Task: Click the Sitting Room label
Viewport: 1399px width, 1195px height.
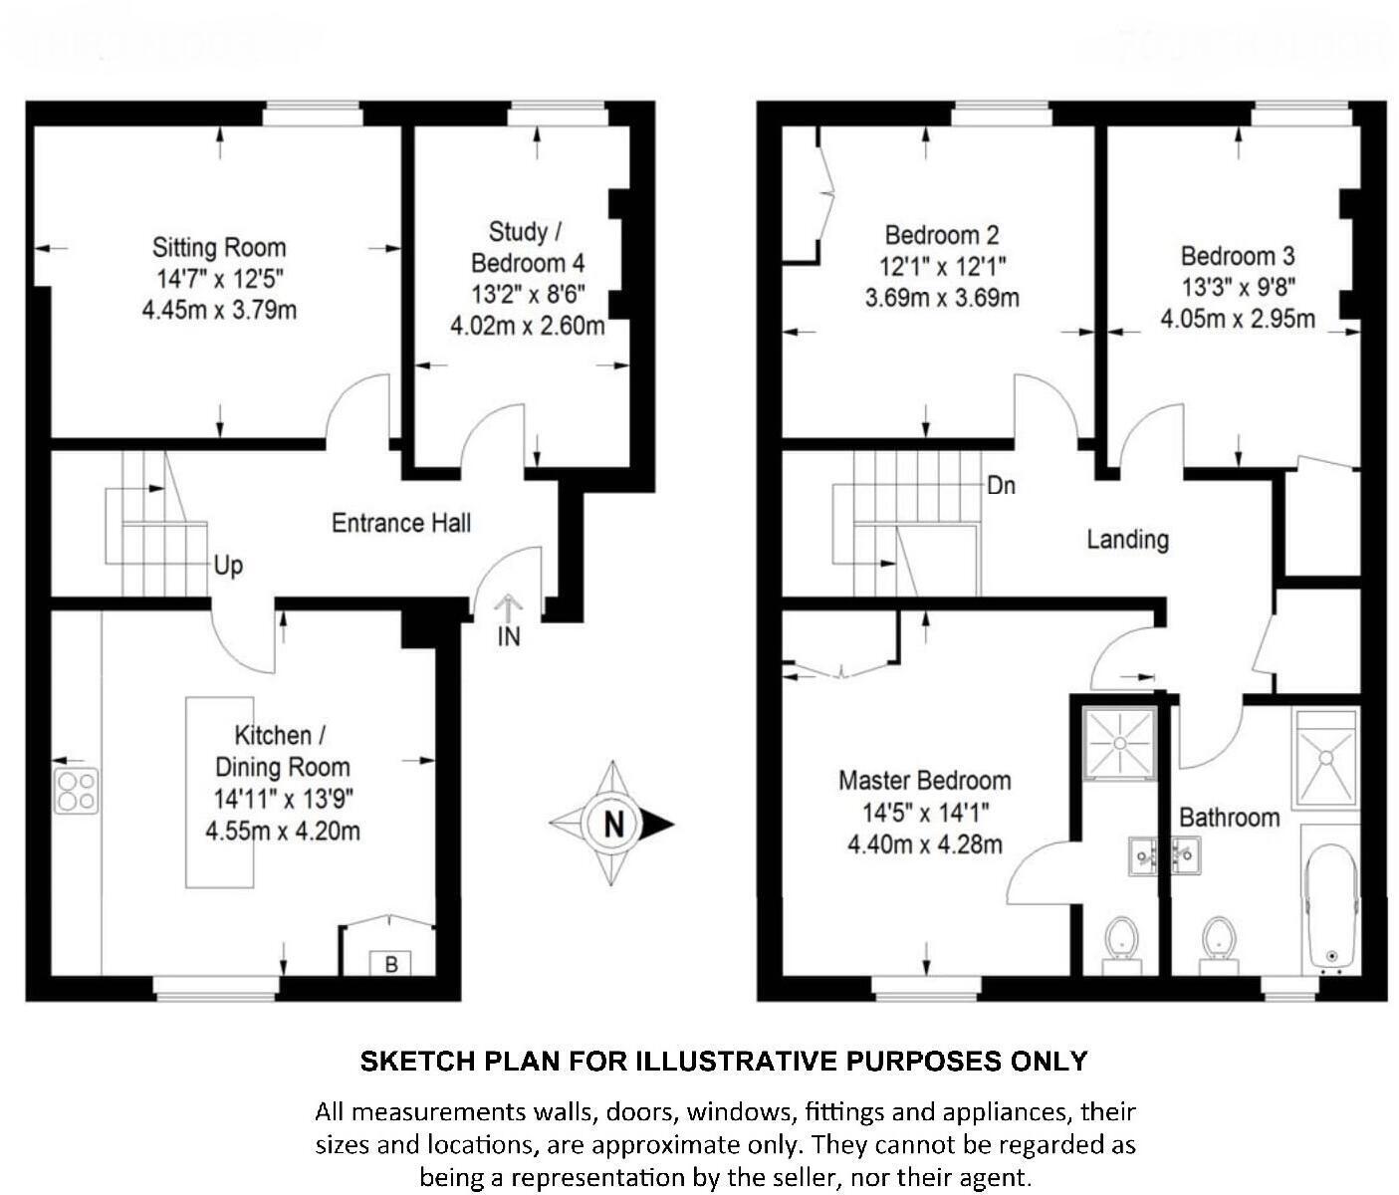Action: point(218,247)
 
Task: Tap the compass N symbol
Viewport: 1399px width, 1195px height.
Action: point(613,824)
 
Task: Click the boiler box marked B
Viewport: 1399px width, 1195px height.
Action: point(390,964)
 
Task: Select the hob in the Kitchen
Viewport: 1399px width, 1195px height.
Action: point(77,790)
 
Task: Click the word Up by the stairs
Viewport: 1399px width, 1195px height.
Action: point(228,566)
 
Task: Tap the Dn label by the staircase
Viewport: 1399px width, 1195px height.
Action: point(1001,485)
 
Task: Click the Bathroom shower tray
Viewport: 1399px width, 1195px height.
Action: point(1325,758)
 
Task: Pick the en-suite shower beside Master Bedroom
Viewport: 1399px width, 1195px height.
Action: point(1119,742)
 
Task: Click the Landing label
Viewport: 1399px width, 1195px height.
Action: point(1127,539)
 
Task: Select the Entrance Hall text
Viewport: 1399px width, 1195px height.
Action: point(400,523)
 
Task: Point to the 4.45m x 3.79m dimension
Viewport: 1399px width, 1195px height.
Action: point(219,310)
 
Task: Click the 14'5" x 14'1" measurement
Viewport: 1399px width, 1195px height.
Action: point(925,813)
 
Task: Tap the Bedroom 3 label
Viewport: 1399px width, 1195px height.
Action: point(1237,255)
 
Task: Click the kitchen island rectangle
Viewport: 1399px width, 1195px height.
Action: point(219,791)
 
